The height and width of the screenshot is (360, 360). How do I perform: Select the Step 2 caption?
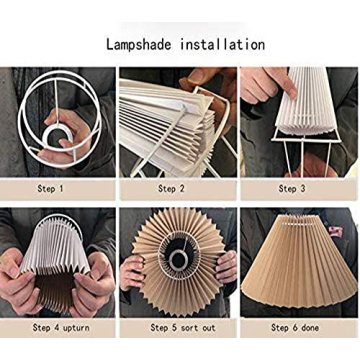[171, 187]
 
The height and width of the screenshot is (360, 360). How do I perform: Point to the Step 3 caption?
[293, 187]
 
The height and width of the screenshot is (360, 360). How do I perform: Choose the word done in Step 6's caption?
[310, 327]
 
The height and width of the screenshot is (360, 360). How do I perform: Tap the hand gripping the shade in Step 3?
[262, 85]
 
